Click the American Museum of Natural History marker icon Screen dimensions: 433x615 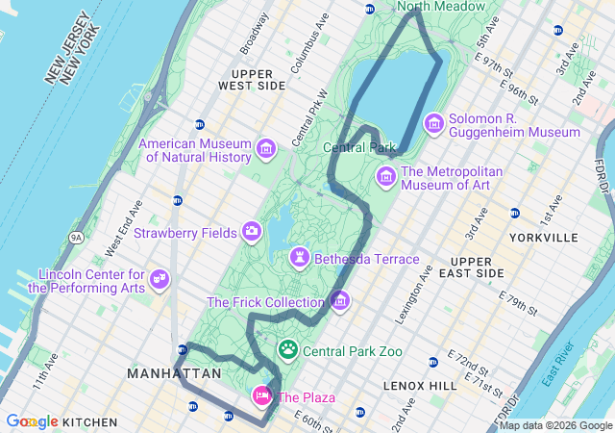pyautogui.click(x=265, y=149)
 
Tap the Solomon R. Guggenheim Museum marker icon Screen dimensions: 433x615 pyautogui.click(x=434, y=122)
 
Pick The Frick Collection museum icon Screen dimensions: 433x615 pyautogui.click(x=339, y=301)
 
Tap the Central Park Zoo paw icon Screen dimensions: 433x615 pyautogui.click(x=288, y=349)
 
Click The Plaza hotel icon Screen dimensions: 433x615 pyautogui.click(x=261, y=395)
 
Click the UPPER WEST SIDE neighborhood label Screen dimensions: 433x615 pyautogui.click(x=252, y=79)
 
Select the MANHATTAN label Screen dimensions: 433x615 pyautogui.click(x=174, y=372)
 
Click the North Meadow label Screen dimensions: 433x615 pyautogui.click(x=441, y=7)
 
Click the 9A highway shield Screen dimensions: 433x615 pyautogui.click(x=77, y=237)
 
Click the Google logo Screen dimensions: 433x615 pyautogui.click(x=33, y=421)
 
